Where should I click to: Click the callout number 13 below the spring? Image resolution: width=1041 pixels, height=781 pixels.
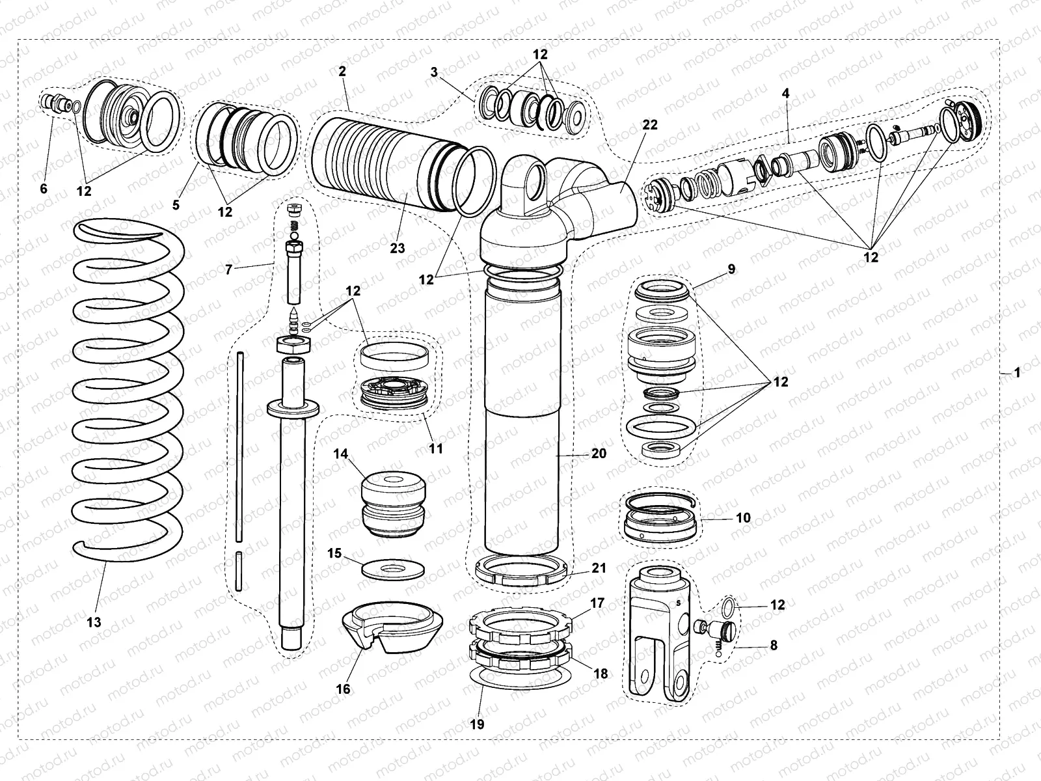tap(94, 622)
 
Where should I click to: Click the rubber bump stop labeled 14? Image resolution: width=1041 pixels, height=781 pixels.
tap(392, 504)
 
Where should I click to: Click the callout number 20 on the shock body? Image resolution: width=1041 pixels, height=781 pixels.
tap(598, 453)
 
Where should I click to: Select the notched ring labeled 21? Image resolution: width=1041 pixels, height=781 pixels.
tap(523, 571)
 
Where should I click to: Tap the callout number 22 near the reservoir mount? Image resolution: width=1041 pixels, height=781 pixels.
tap(650, 125)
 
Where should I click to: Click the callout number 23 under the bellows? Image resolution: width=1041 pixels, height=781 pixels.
tap(398, 248)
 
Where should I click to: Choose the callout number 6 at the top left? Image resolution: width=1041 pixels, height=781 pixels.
tap(44, 189)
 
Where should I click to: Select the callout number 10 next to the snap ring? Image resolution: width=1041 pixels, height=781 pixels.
tap(743, 518)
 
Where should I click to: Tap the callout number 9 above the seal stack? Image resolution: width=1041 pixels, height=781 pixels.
tap(731, 268)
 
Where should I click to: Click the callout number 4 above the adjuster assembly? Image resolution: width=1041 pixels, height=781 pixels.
tap(786, 94)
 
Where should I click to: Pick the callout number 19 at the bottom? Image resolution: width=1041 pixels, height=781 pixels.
tap(477, 724)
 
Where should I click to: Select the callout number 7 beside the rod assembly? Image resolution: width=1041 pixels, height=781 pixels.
tap(228, 269)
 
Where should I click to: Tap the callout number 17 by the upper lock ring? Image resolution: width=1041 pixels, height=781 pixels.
tap(597, 603)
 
